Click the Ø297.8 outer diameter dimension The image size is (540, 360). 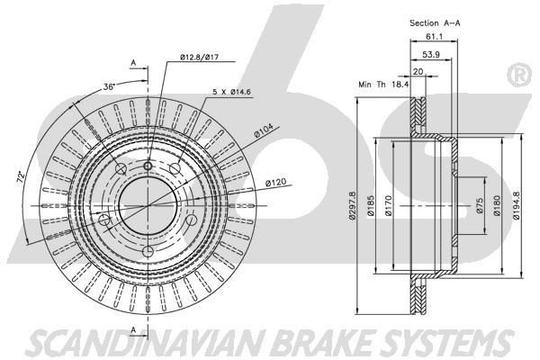coord(352,205)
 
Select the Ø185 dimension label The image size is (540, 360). coord(371,206)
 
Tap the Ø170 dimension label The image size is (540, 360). coord(389,206)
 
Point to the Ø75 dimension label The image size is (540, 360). coord(481,206)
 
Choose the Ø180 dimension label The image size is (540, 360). coord(496,206)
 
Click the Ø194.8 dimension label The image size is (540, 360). coord(516,206)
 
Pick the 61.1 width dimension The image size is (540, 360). coord(434,36)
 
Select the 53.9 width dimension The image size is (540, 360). coord(431,54)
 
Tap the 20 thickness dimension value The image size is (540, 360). coord(418,72)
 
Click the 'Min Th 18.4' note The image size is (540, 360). coord(383,84)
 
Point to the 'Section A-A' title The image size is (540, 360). coord(435,23)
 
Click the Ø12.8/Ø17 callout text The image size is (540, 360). coord(199,58)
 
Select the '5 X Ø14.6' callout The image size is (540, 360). coord(231,92)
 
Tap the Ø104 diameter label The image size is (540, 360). coord(264,130)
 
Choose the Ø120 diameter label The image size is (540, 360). coord(275,182)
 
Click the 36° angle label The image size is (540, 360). coord(109,86)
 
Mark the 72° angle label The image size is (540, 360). coord(21,176)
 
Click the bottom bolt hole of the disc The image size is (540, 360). coord(148,252)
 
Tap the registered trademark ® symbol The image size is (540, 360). coord(518,76)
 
